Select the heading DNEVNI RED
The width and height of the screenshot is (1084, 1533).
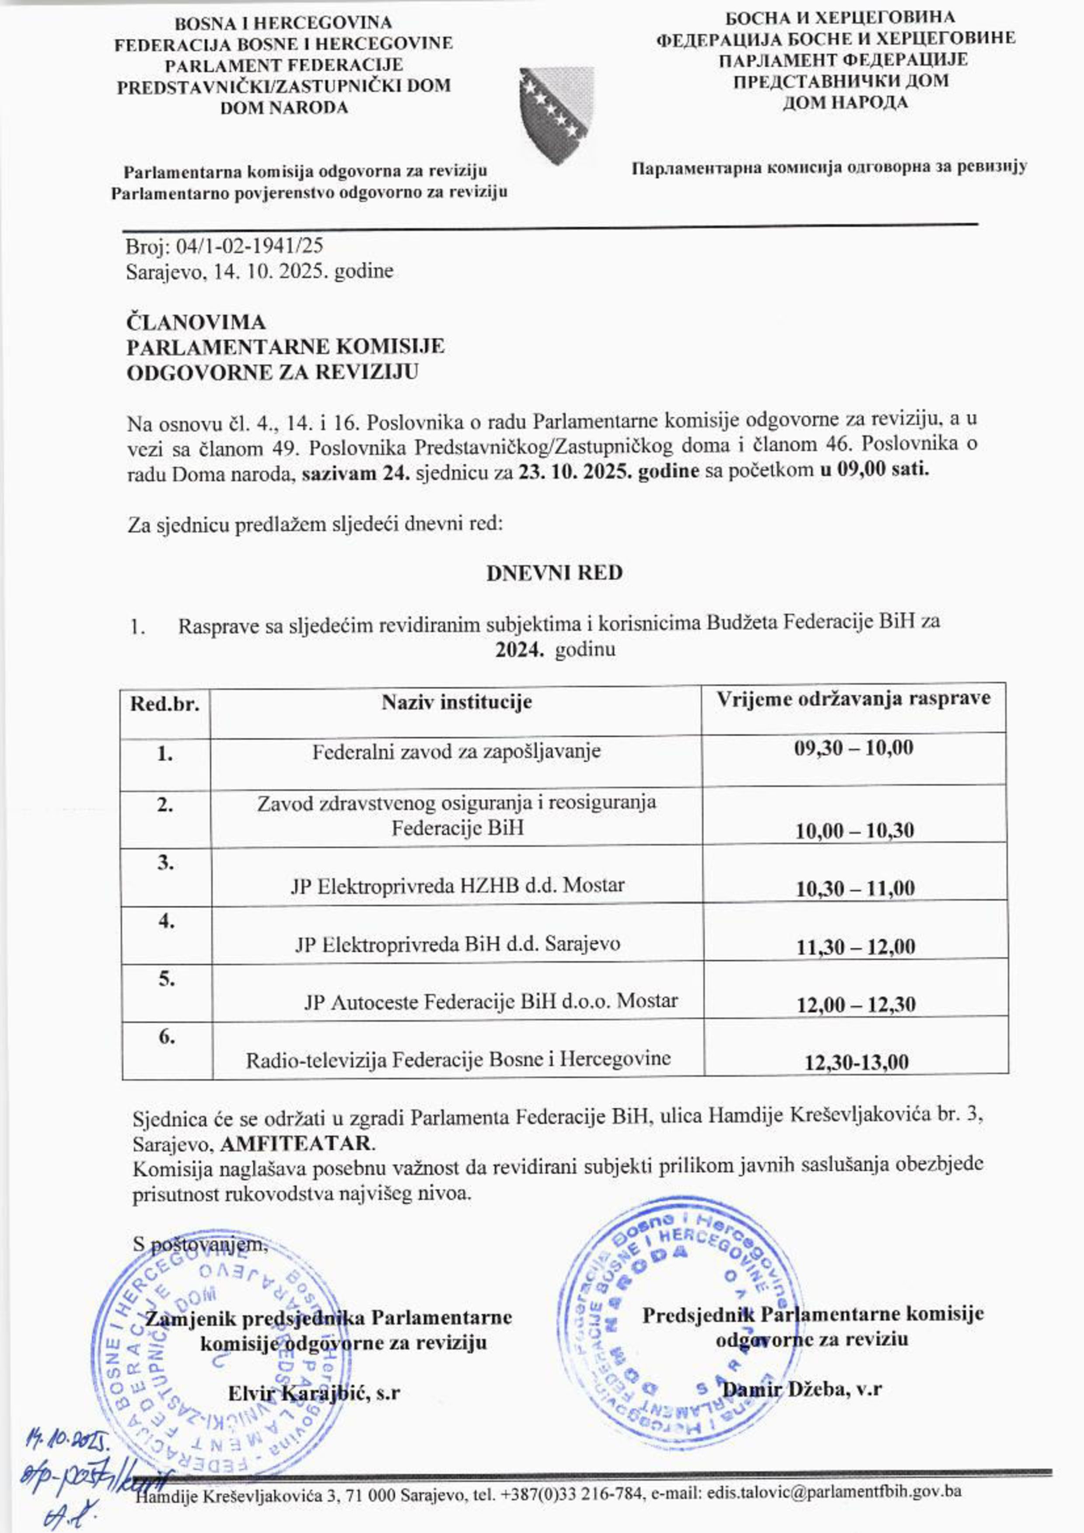point(554,573)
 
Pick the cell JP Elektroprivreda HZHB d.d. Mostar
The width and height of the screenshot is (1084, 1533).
point(458,885)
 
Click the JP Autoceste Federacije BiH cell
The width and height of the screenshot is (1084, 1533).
point(491,1001)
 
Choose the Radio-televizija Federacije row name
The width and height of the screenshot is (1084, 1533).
point(458,1059)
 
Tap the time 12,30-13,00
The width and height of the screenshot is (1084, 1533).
point(857,1061)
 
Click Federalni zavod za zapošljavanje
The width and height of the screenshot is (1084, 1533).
point(456,751)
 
